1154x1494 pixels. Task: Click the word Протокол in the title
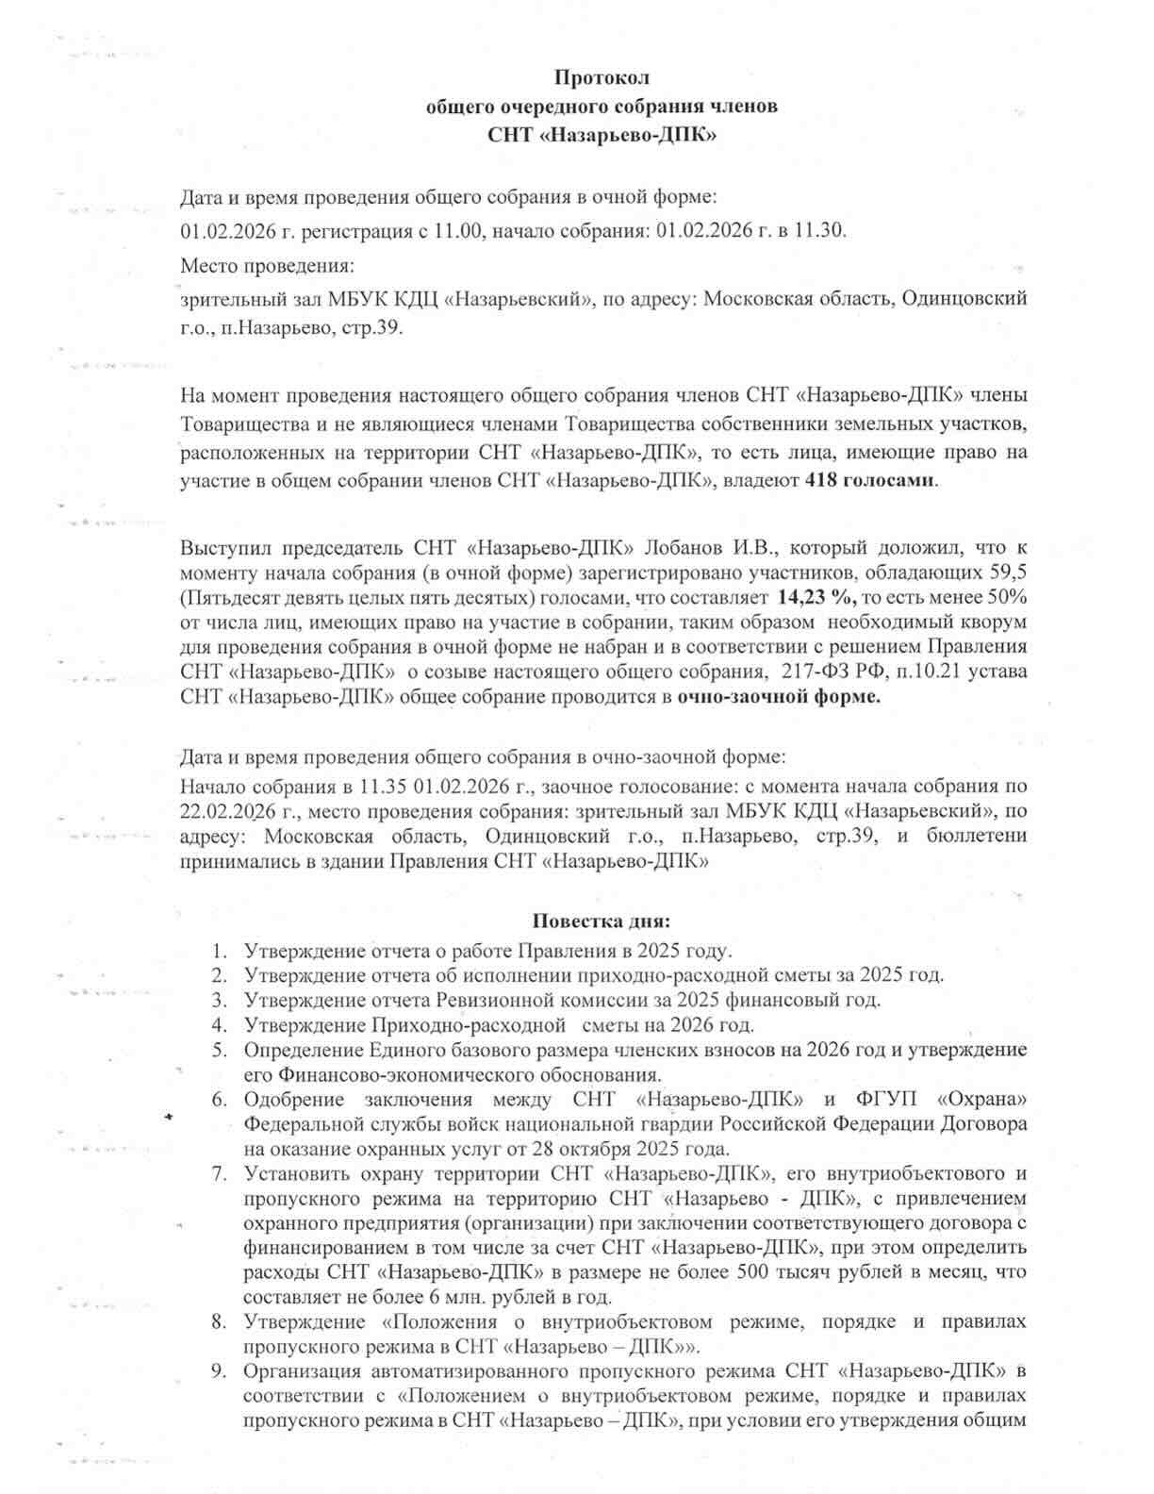coord(602,77)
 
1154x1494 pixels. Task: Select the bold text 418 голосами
coord(870,479)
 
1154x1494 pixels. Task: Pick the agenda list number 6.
coord(220,1100)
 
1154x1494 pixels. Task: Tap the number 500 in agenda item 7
coord(817,1272)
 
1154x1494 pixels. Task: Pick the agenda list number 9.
coord(220,1370)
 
